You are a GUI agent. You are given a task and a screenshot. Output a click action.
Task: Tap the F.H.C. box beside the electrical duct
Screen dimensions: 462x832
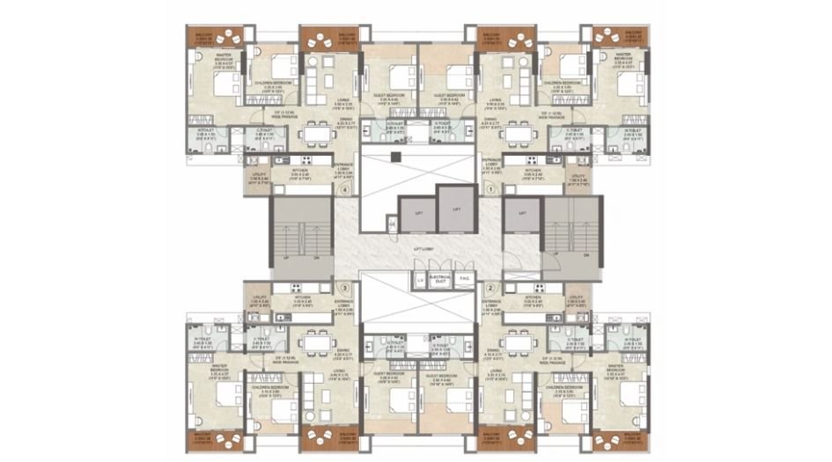464,281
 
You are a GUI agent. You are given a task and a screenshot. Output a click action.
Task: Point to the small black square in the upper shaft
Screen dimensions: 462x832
397,158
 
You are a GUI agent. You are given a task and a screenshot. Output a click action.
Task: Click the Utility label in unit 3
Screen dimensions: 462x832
258,298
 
